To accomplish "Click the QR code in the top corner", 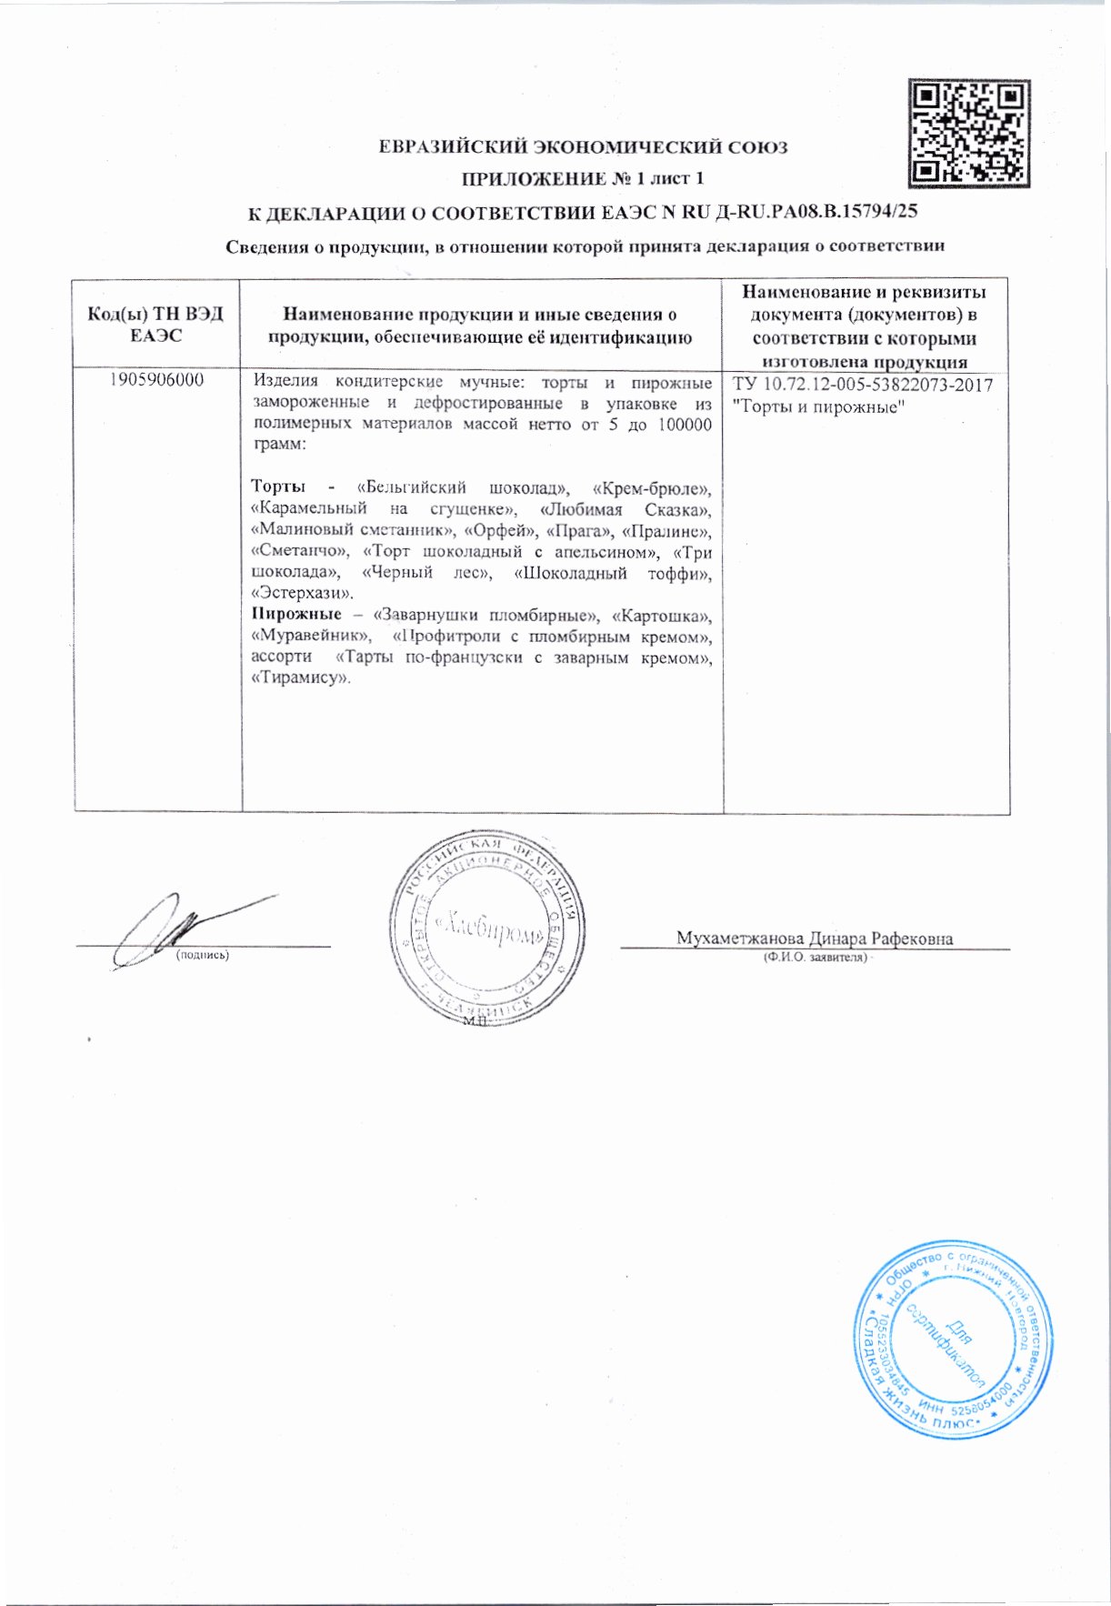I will point(969,132).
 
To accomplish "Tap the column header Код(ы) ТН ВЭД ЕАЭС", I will point(156,325).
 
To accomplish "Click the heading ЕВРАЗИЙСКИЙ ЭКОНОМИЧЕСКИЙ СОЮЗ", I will point(583,147).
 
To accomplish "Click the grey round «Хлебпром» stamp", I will point(488,926).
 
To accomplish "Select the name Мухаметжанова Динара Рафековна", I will point(814,939).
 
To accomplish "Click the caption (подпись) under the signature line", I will point(202,956).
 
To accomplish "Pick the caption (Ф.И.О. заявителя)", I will point(815,958).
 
